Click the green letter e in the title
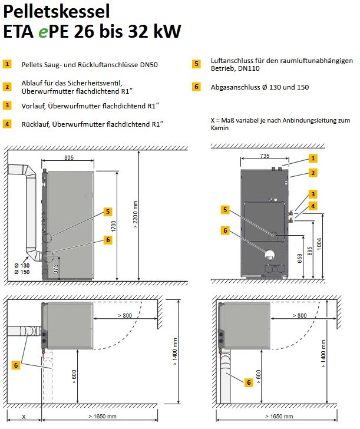pyautogui.click(x=43, y=32)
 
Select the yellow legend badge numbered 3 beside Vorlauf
pyautogui.click(x=7, y=105)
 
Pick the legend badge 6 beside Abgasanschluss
pyautogui.click(x=197, y=87)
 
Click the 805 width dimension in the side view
pyautogui.click(x=69, y=159)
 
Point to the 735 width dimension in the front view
pyautogui.click(x=265, y=156)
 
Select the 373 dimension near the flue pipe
pyautogui.click(x=55, y=269)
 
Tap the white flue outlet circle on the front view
pyautogui.click(x=270, y=255)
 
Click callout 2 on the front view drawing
pyautogui.click(x=313, y=173)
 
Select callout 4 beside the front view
pyautogui.click(x=313, y=206)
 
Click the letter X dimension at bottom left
pyautogui.click(x=24, y=416)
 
